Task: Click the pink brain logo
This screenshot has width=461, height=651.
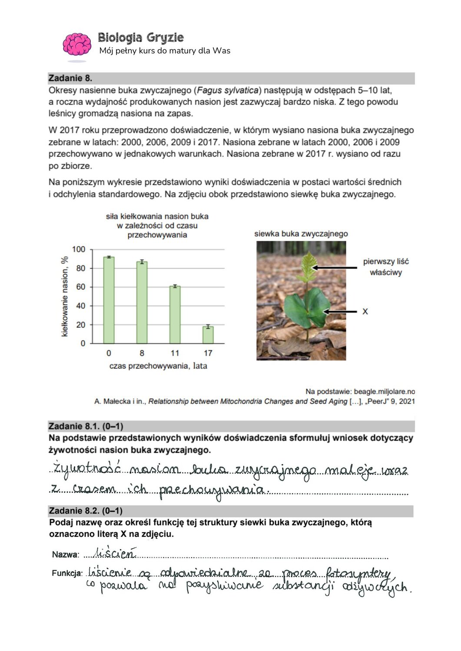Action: click(77, 44)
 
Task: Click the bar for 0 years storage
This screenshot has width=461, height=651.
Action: click(109, 300)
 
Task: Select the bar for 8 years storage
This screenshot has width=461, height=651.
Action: click(142, 302)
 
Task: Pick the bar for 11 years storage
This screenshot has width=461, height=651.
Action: click(175, 315)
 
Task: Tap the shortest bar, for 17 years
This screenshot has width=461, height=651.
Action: click(208, 335)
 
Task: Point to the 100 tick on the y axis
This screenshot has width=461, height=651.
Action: click(79, 249)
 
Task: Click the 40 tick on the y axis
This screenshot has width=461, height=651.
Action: click(80, 306)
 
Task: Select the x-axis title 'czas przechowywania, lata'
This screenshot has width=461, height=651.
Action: click(158, 366)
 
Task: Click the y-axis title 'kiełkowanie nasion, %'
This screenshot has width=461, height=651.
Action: click(65, 296)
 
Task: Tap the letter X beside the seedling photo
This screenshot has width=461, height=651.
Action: click(365, 312)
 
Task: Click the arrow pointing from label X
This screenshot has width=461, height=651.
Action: click(341, 312)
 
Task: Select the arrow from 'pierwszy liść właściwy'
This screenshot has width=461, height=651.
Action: click(335, 268)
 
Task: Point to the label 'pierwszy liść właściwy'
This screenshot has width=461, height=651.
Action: click(386, 267)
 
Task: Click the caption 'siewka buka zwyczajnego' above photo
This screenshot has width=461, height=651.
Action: click(301, 234)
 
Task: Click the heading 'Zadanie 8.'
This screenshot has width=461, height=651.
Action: click(70, 78)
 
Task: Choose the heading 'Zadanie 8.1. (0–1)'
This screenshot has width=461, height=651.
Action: click(86, 426)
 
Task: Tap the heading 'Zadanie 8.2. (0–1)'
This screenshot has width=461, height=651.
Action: click(86, 511)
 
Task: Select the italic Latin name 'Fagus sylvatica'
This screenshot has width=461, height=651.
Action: click(228, 90)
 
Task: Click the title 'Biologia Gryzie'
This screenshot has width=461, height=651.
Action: click(140, 37)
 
